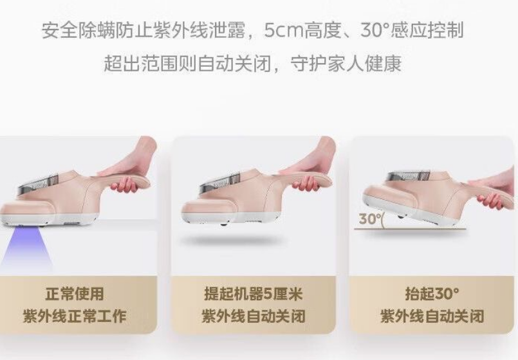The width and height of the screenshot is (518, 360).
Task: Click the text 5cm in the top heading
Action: (283, 30)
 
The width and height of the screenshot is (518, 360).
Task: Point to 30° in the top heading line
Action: (375, 30)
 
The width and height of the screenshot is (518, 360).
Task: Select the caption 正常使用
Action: (75, 294)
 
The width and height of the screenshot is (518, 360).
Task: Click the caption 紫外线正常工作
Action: (75, 316)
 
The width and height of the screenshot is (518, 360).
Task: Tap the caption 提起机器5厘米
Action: (254, 294)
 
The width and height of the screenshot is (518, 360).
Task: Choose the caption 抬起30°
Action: (432, 294)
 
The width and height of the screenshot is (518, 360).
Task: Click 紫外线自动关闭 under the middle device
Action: (254, 316)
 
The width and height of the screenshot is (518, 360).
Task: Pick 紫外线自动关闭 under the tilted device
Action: (432, 316)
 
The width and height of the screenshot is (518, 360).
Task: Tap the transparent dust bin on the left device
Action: (38, 184)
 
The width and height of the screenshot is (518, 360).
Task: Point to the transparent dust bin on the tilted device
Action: (409, 177)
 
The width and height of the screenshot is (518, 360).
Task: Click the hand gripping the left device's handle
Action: (132, 165)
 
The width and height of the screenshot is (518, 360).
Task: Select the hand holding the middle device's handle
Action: (311, 165)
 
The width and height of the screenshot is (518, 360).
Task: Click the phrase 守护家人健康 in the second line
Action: (346, 64)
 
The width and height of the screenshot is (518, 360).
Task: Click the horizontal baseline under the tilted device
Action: (410, 228)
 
